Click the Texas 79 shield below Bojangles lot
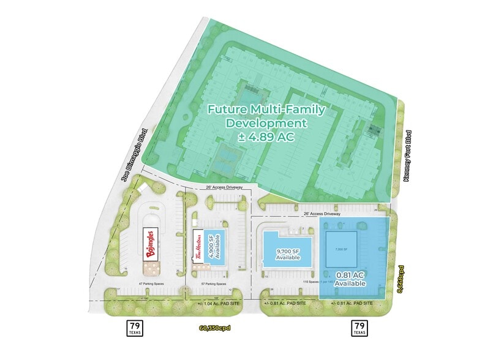click(135, 328)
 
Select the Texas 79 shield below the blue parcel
click(359, 328)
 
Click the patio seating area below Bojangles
click(151, 268)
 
